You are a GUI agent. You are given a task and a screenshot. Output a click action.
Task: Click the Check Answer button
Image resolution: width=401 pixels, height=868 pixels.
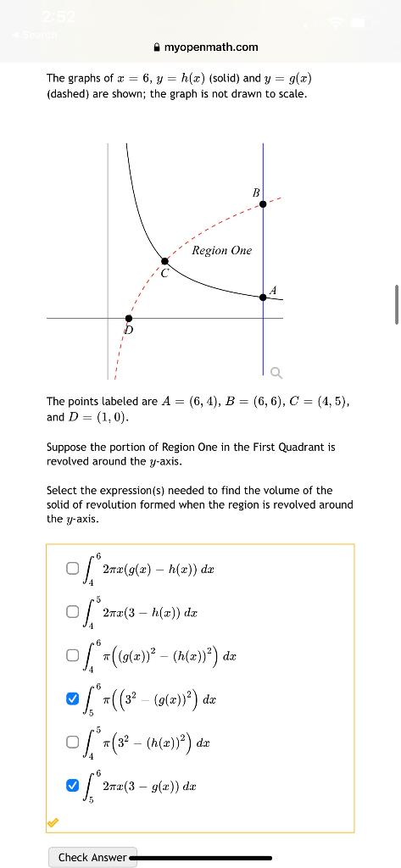(x=91, y=857)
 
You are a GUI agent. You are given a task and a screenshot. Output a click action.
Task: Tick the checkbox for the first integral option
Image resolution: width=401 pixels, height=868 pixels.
(x=73, y=570)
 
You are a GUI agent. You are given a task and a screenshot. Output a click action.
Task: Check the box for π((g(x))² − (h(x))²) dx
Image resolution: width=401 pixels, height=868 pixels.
(x=73, y=655)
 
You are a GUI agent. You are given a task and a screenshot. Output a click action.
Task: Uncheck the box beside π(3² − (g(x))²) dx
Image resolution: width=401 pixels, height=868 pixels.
(x=73, y=698)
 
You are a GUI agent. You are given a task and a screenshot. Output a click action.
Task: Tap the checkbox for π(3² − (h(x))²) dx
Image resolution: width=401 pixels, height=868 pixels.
(x=73, y=743)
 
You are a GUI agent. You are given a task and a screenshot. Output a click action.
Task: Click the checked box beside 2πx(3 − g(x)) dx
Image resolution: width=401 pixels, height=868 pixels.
(x=73, y=787)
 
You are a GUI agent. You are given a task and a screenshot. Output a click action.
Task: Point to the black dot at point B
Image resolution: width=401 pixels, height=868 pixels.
(x=263, y=204)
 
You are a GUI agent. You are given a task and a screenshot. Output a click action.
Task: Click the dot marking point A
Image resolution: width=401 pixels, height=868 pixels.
(x=263, y=297)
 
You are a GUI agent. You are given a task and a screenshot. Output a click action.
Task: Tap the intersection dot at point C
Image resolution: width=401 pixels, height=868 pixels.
(x=164, y=262)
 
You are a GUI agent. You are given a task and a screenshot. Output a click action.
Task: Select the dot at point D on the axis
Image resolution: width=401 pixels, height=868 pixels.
(x=128, y=318)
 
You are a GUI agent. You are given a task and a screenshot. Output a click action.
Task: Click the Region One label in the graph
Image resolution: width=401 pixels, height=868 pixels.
(x=221, y=250)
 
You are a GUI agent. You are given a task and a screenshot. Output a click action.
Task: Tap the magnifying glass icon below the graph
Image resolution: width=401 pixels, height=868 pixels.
(x=276, y=373)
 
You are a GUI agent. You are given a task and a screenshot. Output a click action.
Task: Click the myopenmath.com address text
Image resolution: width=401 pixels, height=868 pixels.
(x=211, y=47)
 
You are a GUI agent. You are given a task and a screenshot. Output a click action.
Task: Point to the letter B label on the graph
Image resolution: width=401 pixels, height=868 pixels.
(x=254, y=193)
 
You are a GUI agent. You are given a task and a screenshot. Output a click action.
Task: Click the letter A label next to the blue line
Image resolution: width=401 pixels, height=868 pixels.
(x=272, y=291)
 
